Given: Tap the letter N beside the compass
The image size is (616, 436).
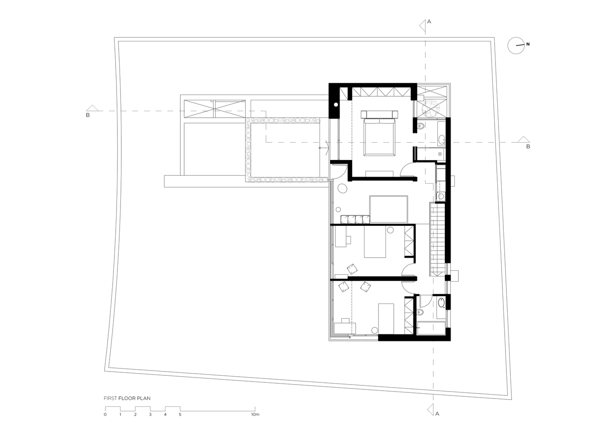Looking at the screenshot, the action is point(528,44).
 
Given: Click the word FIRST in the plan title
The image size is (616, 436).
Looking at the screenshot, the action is point(110,398).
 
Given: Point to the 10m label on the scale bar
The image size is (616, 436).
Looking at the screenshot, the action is point(255,422).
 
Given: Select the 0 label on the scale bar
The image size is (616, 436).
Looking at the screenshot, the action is point(105,422).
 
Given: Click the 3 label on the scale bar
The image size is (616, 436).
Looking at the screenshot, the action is point(150,422).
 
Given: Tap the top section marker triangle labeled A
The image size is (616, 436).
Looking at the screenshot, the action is point(423,26).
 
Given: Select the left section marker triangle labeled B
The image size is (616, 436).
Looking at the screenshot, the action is point(93,108).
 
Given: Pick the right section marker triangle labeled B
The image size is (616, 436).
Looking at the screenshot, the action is point(523,139).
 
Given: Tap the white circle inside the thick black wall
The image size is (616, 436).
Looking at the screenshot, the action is point(336,105).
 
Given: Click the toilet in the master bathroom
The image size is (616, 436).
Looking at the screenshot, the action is point(421,126).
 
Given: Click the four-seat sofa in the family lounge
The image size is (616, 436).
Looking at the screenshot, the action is point(355,219).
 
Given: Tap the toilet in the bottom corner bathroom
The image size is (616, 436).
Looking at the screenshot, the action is point(420,312).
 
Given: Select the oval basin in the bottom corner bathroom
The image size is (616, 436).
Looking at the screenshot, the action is point(441,303).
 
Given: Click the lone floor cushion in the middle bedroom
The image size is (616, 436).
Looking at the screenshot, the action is point(352,269).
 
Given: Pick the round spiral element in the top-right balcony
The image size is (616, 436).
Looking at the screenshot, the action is point(430,108).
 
